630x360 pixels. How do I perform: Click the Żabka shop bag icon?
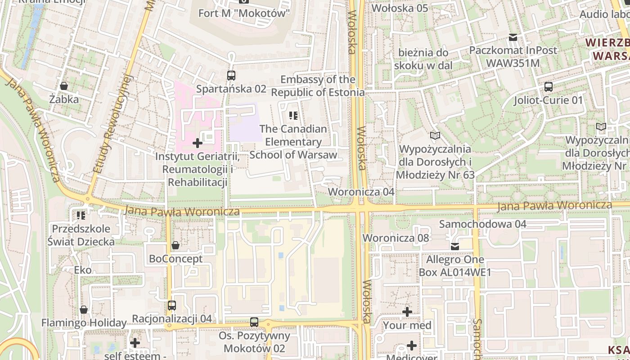pyautogui.click(x=64, y=86)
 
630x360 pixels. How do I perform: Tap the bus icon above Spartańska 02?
pyautogui.click(x=231, y=76)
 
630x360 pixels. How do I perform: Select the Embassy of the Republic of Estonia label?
pyautogui.click(x=318, y=86)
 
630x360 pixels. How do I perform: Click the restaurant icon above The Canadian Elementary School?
pyautogui.click(x=293, y=116)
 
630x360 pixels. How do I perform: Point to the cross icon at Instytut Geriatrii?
pyautogui.click(x=197, y=144)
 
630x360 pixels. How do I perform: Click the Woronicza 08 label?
pyautogui.click(x=396, y=238)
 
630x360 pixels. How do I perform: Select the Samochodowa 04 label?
pyautogui.click(x=482, y=224)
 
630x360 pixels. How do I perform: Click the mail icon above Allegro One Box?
pyautogui.click(x=455, y=247)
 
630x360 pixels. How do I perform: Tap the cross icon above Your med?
pyautogui.click(x=407, y=312)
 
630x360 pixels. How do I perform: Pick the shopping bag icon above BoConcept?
pyautogui.click(x=175, y=246)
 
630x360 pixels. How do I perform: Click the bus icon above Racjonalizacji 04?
pyautogui.click(x=171, y=306)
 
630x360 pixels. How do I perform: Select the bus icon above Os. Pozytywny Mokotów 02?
pyautogui.click(x=254, y=322)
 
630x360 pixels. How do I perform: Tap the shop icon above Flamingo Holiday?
pyautogui.click(x=84, y=310)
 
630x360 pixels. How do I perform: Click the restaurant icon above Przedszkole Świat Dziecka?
pyautogui.click(x=81, y=216)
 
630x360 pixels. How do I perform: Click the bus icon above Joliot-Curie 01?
pyautogui.click(x=548, y=87)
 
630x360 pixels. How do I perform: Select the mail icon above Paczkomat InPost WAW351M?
pyautogui.click(x=513, y=37)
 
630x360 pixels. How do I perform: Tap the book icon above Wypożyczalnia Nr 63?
pyautogui.click(x=435, y=135)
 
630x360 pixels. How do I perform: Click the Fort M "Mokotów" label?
pyautogui.click(x=244, y=13)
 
